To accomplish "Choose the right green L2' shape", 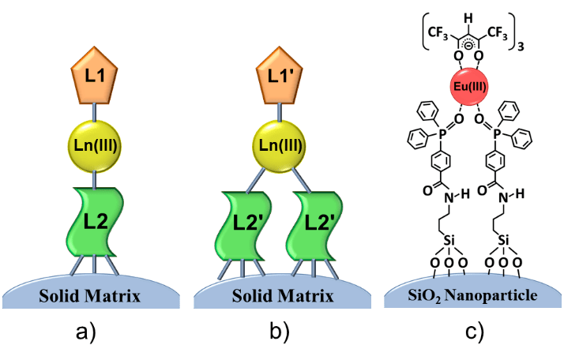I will click(x=319, y=233).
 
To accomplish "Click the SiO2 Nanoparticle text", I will click(x=472, y=297).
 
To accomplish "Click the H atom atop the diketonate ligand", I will click(x=472, y=11).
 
